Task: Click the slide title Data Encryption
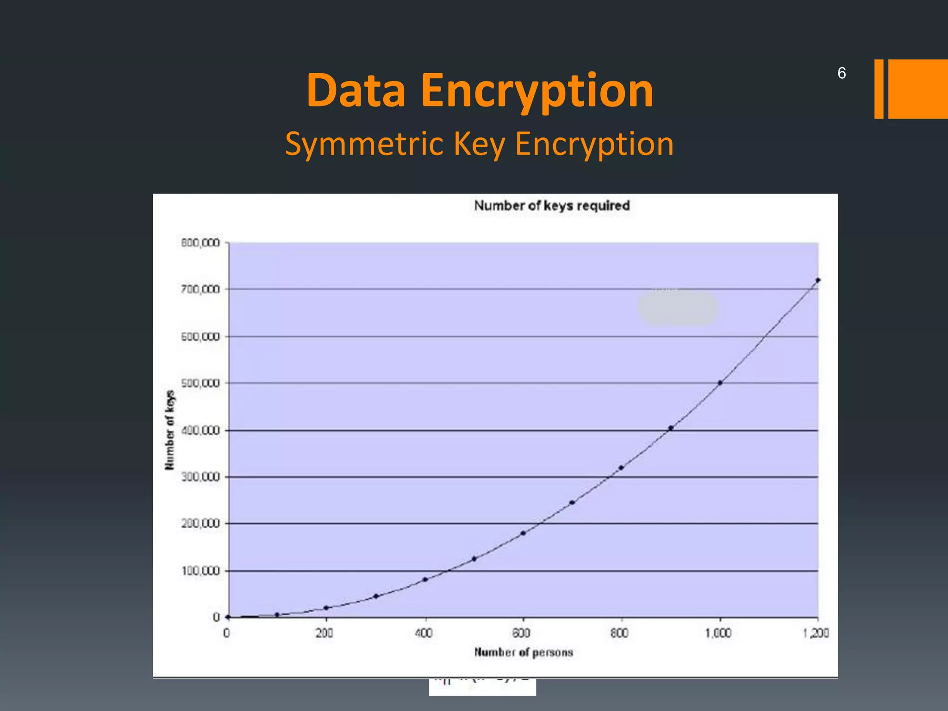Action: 480,91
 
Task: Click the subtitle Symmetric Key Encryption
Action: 479,144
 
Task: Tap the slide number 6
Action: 842,73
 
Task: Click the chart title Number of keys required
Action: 552,206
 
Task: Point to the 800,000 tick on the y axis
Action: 200,243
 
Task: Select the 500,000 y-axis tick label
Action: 200,383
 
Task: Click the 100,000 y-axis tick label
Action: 200,571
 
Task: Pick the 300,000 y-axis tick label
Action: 200,477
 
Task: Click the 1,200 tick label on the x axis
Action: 816,633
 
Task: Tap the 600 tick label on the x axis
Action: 521,633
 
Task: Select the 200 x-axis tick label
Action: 324,633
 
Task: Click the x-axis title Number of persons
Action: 524,652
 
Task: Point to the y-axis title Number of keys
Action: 170,430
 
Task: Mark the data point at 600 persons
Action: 523,533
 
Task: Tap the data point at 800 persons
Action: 621,468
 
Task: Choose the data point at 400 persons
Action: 425,580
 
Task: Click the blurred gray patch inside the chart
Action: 678,308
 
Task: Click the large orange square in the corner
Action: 918,89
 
